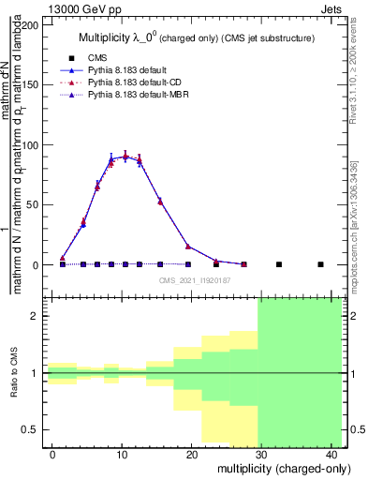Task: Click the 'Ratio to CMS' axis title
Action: coord(13,373)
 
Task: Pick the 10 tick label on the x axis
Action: coord(122,454)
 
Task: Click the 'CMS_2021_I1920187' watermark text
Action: coord(195,279)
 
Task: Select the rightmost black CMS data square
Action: coord(320,264)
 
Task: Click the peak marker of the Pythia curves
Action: coord(125,157)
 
